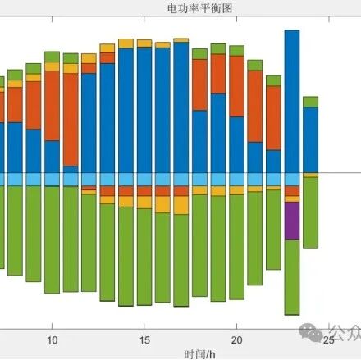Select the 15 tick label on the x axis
[x=144, y=339]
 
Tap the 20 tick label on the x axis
[x=236, y=339]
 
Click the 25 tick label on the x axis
[x=328, y=339]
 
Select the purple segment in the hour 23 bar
[x=291, y=220]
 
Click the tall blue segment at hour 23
[x=291, y=98]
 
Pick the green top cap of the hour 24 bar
[x=310, y=102]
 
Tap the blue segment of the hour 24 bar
[x=310, y=139]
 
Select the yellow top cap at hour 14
[x=126, y=43]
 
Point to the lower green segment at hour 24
[x=310, y=213]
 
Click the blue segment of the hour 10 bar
[x=53, y=157]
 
